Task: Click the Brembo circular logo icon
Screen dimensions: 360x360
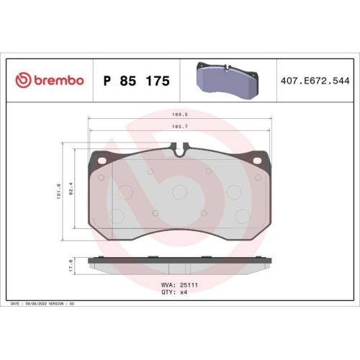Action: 24,81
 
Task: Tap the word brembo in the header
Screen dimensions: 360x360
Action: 58,81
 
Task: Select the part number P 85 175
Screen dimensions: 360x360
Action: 137,81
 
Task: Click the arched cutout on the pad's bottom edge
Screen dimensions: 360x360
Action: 180,233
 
